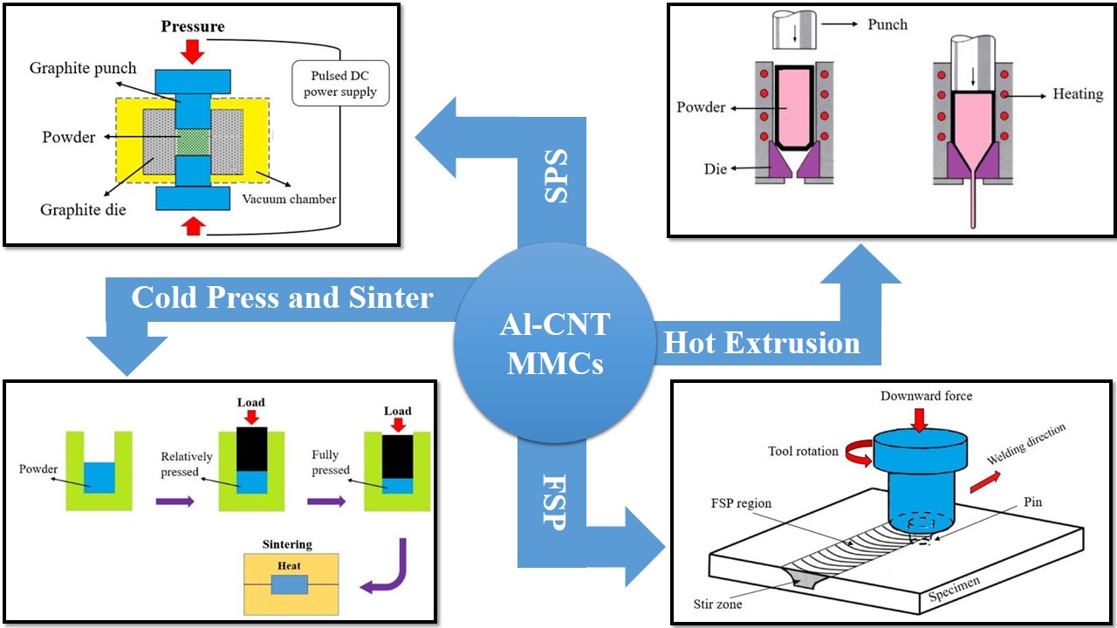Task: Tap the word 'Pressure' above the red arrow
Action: [193, 26]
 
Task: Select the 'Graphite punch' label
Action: [83, 68]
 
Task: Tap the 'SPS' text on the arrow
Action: [556, 177]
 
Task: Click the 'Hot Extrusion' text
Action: [762, 343]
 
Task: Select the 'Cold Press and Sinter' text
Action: [282, 297]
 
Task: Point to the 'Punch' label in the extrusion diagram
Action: [887, 24]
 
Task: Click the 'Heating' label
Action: [1078, 93]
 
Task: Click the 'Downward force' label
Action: [926, 396]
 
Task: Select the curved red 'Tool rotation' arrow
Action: [874, 451]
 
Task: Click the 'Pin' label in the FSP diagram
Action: [1033, 502]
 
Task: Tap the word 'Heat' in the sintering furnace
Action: [289, 566]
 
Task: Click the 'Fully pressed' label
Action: [331, 463]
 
